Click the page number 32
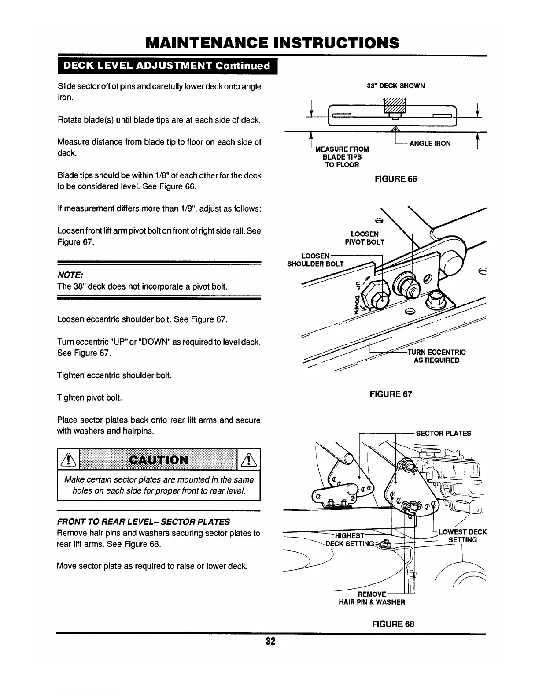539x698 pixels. pos(270,641)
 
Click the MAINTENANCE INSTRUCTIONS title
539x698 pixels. pos(273,43)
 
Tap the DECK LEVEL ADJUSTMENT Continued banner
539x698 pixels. pos(167,66)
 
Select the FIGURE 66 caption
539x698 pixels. pos(395,179)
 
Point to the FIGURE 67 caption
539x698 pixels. pos(391,394)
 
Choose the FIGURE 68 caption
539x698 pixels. pos(393,624)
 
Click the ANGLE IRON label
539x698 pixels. pos(430,144)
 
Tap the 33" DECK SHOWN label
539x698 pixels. pos(395,86)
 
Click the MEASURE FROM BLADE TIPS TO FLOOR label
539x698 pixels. pos(342,157)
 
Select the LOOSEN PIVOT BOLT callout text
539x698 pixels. pos(365,238)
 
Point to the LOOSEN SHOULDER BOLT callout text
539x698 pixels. pos(315,260)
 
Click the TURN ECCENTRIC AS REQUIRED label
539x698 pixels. pos(436,356)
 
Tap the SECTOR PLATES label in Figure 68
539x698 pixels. pos(443,433)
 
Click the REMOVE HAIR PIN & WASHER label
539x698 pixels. pos(372,598)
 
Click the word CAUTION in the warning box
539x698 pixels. pos(159,460)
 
